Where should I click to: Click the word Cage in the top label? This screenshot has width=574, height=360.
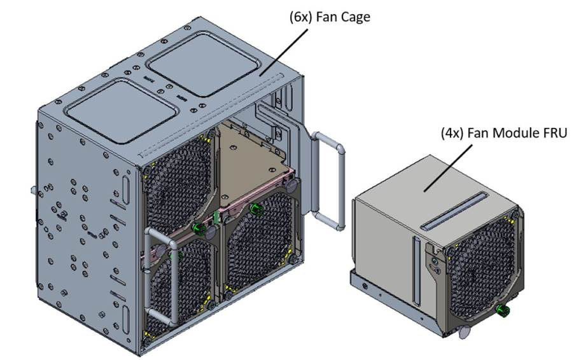point(351,17)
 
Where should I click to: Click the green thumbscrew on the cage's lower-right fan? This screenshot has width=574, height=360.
point(257,210)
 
